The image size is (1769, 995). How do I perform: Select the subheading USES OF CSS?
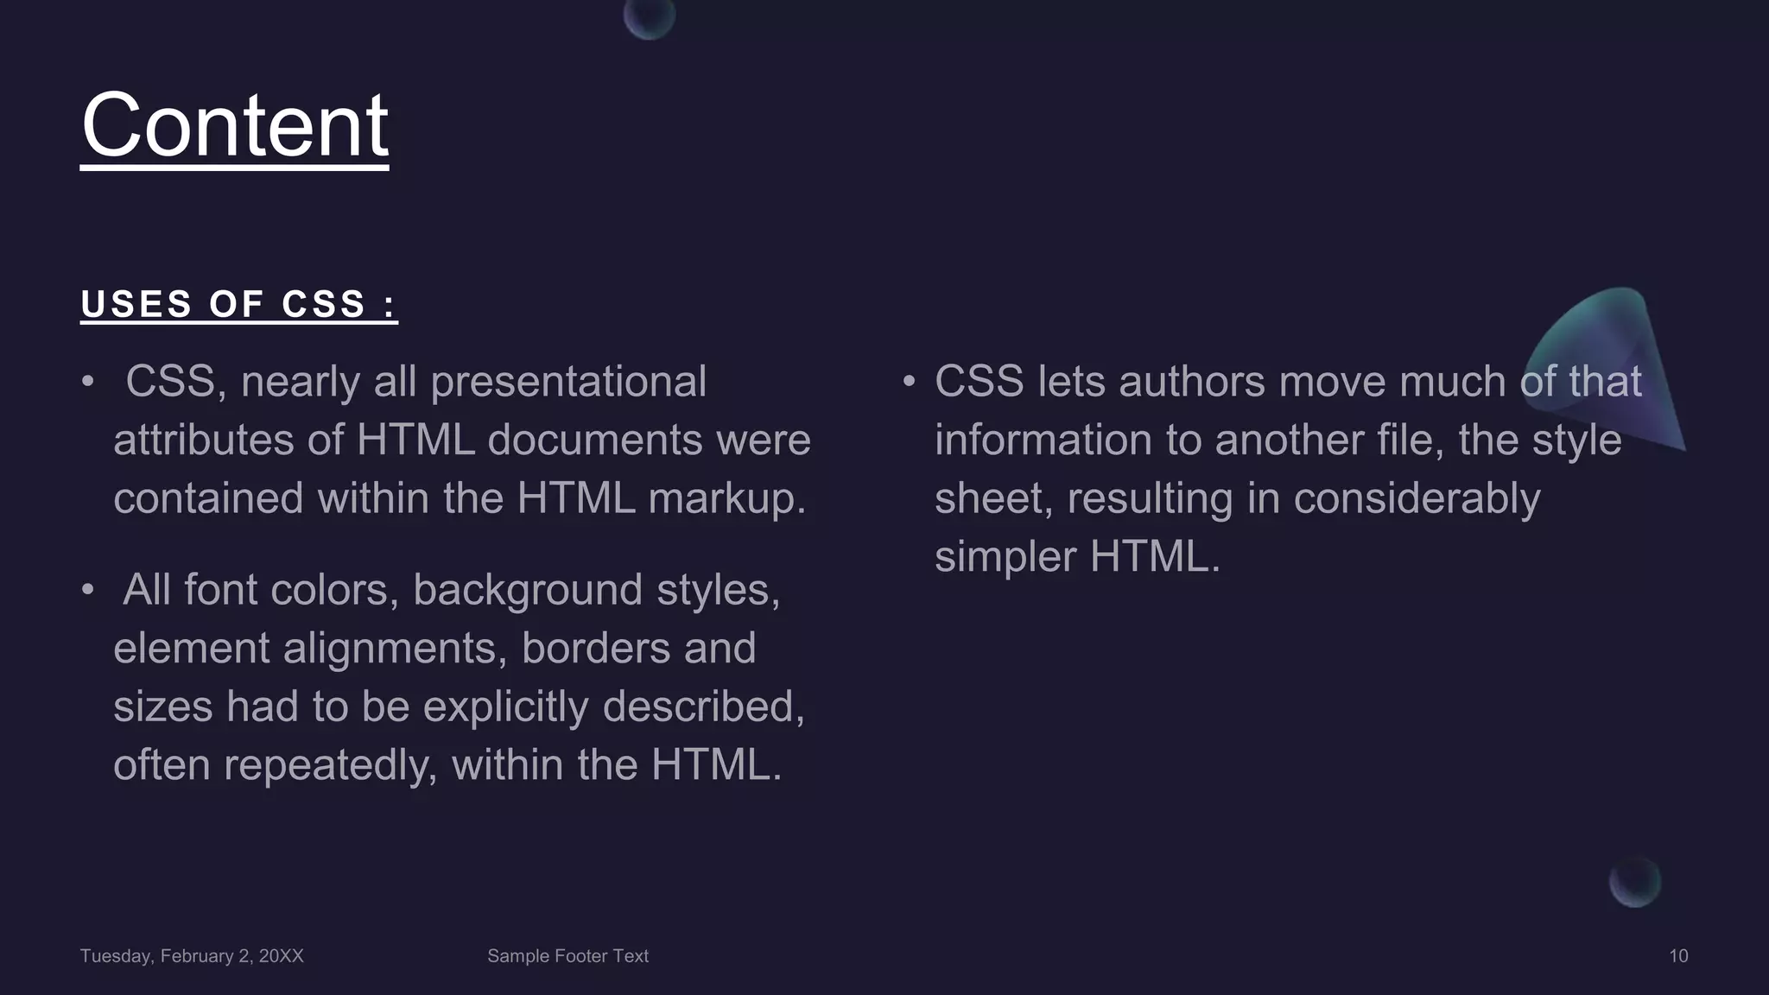coord(238,304)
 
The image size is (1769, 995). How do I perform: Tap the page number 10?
coord(1677,956)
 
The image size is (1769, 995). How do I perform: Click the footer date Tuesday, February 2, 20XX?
coord(192,956)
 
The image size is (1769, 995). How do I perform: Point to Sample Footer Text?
coord(567,956)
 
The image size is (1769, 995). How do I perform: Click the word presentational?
coord(568,383)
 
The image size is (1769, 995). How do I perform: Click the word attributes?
coord(204,440)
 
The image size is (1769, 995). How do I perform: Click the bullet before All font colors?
coord(87,590)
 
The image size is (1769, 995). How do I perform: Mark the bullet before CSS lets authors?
coord(909,381)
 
